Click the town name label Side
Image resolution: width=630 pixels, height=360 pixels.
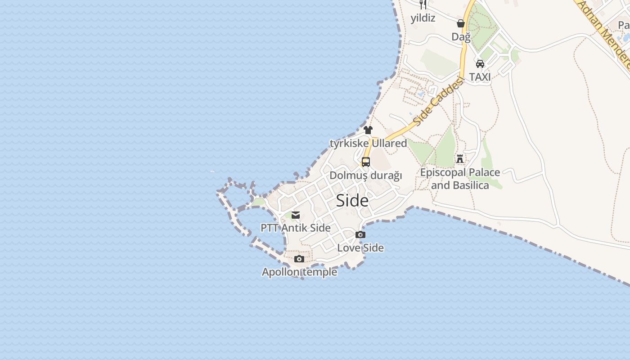tap(352, 201)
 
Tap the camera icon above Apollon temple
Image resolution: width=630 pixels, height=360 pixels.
tap(299, 259)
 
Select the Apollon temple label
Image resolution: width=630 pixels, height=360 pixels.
tap(299, 272)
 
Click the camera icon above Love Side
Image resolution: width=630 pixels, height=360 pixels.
tap(360, 234)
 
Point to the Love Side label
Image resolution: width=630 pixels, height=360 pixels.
tap(360, 247)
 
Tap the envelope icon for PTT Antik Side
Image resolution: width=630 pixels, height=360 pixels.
tap(296, 215)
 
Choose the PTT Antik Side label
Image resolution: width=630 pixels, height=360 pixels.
tap(296, 228)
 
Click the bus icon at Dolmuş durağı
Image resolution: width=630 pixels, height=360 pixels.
tap(366, 162)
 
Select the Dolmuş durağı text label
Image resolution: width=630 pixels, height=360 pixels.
tap(366, 175)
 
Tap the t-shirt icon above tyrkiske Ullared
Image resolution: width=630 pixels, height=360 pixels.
tap(368, 130)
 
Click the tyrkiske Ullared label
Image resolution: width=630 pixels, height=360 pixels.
tap(368, 143)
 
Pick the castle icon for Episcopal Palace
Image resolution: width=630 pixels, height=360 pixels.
tap(460, 159)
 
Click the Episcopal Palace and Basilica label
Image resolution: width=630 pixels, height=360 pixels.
tap(460, 179)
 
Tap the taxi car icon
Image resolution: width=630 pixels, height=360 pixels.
tap(480, 64)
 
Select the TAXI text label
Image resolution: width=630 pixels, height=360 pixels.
tap(480, 77)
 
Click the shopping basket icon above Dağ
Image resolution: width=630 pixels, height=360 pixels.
tap(461, 23)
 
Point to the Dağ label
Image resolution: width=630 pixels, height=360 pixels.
tap(461, 36)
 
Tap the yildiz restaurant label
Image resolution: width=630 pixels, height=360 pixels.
tap(423, 18)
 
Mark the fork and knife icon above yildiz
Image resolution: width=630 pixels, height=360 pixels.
tap(423, 4)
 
